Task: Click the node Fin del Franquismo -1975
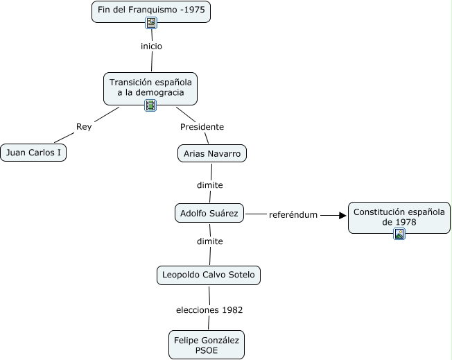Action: [150, 11]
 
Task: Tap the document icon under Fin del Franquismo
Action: [151, 23]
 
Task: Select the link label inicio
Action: [151, 46]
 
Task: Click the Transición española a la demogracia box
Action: [150, 87]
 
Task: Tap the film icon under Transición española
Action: [150, 105]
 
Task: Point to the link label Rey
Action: [84, 127]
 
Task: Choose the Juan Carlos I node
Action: [33, 153]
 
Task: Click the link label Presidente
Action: [202, 127]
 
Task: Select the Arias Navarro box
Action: [211, 153]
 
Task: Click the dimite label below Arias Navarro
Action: [209, 185]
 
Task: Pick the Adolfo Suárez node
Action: [209, 213]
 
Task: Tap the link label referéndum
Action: [293, 215]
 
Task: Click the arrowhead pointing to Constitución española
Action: [342, 215]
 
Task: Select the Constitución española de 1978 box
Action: [399, 216]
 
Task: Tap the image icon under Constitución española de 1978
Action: [399, 234]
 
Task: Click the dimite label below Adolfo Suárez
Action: [209, 241]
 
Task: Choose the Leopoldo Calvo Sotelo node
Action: [209, 275]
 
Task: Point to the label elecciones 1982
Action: [208, 309]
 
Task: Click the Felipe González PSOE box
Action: [207, 344]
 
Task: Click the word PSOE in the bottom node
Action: [207, 350]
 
